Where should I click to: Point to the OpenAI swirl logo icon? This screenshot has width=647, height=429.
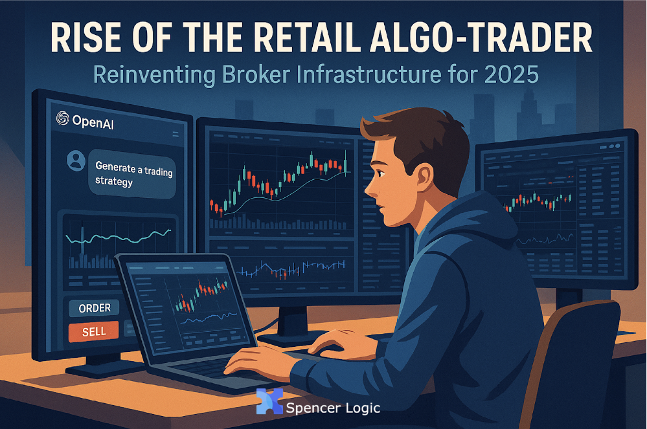click(x=62, y=118)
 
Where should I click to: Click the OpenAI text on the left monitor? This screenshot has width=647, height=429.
click(x=93, y=122)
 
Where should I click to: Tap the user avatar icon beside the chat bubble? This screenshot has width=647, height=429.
click(x=76, y=160)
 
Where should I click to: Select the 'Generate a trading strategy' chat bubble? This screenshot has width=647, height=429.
click(x=133, y=174)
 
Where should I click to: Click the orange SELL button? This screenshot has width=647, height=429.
click(x=94, y=331)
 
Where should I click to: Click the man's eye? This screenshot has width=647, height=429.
click(x=380, y=173)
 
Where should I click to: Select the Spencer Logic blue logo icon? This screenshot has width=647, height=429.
click(x=269, y=401)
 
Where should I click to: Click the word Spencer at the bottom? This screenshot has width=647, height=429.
click(x=313, y=408)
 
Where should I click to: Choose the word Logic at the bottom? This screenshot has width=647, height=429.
click(x=363, y=408)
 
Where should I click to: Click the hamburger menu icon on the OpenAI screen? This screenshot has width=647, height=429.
click(x=176, y=134)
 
